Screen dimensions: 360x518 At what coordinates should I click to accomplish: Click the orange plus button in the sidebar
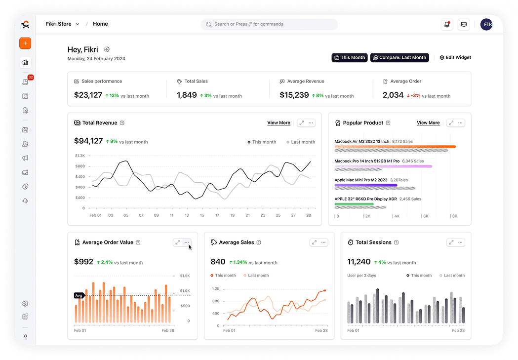25,43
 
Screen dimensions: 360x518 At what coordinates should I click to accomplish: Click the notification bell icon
447,24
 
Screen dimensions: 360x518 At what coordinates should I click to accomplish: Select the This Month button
350,58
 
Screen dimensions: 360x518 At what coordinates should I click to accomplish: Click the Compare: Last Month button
399,58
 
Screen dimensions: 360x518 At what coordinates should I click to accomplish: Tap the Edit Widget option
455,58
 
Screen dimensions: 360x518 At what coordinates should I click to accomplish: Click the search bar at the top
269,24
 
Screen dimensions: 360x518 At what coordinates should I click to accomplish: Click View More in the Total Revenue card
279,123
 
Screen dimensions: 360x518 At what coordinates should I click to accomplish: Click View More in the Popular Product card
428,123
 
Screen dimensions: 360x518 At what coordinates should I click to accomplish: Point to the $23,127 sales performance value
88,95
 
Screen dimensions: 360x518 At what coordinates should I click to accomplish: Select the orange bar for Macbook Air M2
395,147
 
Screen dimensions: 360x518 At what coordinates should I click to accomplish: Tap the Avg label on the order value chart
79,296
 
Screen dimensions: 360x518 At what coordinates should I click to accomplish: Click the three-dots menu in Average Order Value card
187,242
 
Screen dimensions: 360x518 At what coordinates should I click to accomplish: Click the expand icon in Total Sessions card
451,242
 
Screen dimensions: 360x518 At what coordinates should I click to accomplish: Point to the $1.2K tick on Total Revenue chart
80,156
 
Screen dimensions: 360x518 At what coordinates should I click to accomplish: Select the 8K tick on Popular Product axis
454,216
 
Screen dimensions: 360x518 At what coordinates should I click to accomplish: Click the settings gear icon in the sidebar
25,304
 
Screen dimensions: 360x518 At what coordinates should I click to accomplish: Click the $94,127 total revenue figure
88,141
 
